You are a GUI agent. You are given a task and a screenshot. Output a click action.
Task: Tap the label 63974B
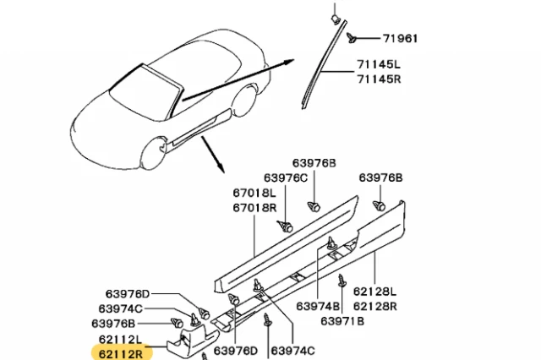pyautogui.click(x=317, y=306)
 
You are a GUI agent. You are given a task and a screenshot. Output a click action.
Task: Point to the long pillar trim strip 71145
pyautogui.click(x=317, y=68)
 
